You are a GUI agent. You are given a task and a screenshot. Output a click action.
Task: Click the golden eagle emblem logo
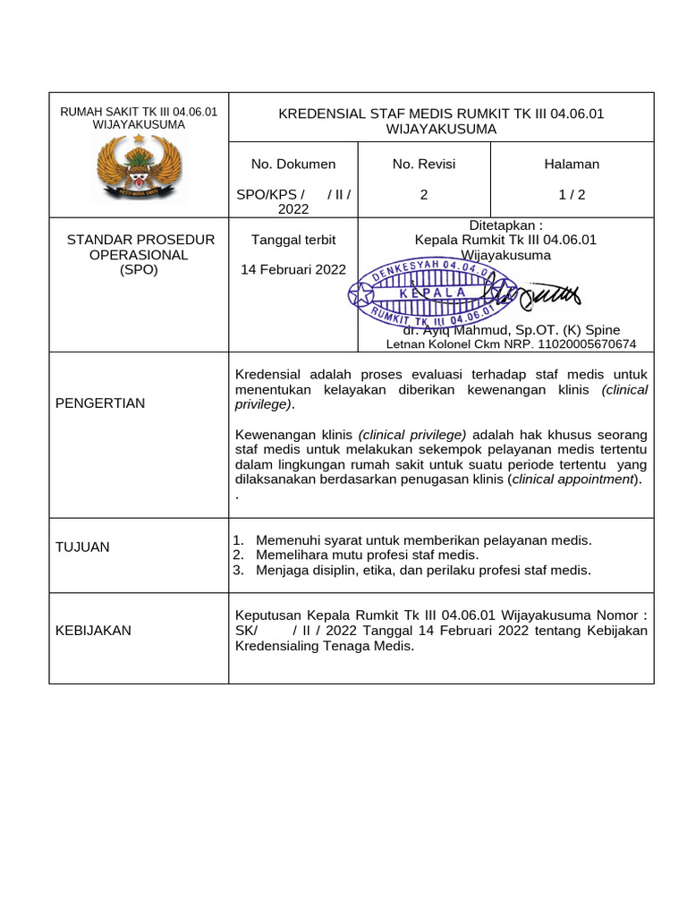click(x=139, y=169)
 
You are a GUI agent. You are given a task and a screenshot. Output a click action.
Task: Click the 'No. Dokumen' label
click(x=293, y=164)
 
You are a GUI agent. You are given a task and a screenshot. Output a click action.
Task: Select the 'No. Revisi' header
click(x=423, y=164)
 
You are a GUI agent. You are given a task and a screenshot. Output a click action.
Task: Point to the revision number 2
click(x=423, y=194)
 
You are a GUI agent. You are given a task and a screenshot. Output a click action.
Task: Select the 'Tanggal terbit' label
click(x=293, y=240)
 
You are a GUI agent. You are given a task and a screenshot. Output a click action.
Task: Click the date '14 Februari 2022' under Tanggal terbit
click(x=293, y=269)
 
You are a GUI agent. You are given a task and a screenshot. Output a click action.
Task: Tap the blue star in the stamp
click(x=362, y=293)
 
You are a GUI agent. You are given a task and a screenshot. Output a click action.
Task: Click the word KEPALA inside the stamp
click(x=433, y=293)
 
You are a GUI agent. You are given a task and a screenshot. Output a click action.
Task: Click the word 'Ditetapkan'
click(x=502, y=225)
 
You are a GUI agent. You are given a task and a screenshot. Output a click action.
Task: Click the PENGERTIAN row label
click(x=100, y=403)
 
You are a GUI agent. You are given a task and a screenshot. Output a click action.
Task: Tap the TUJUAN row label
click(x=82, y=547)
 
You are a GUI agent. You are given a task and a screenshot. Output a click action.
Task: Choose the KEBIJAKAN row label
click(x=93, y=630)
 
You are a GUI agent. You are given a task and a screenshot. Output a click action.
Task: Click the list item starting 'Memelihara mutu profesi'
click(x=367, y=555)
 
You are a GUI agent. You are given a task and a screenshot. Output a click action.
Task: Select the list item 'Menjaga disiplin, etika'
click(x=423, y=570)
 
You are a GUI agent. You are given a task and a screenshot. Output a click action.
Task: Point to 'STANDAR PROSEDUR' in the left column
click(x=141, y=240)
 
